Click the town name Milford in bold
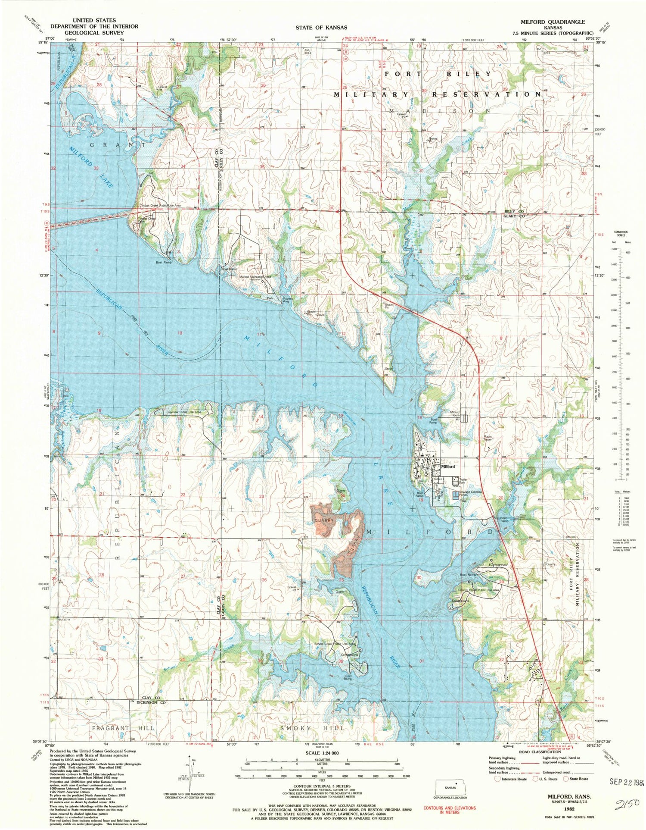click(x=448, y=467)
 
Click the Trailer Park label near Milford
click(x=463, y=480)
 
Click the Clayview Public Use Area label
click(x=183, y=412)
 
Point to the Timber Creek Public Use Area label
click(x=159, y=206)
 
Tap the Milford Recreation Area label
click(x=255, y=277)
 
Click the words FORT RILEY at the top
click(x=438, y=74)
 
